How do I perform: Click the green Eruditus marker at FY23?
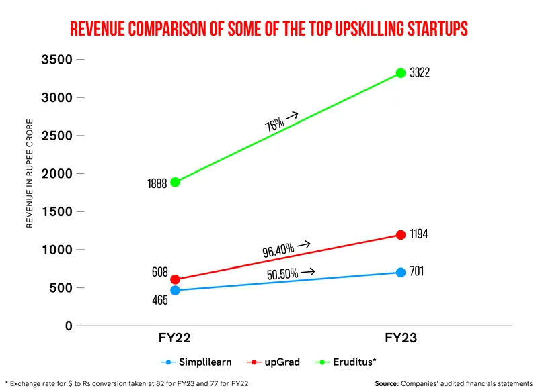(401, 72)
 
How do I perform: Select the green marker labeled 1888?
(176, 182)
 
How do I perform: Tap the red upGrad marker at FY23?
(401, 235)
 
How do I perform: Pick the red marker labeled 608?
(176, 279)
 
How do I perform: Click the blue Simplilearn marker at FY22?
(176, 291)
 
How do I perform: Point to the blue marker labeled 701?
(401, 273)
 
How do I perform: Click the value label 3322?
(419, 72)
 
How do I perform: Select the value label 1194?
(418, 235)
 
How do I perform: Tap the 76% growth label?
(274, 124)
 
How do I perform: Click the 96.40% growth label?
(278, 250)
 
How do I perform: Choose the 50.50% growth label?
(282, 274)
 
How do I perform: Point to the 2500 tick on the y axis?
(57, 136)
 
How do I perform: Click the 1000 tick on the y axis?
(57, 250)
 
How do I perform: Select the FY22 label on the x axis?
(176, 338)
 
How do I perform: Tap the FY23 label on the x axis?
(401, 338)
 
